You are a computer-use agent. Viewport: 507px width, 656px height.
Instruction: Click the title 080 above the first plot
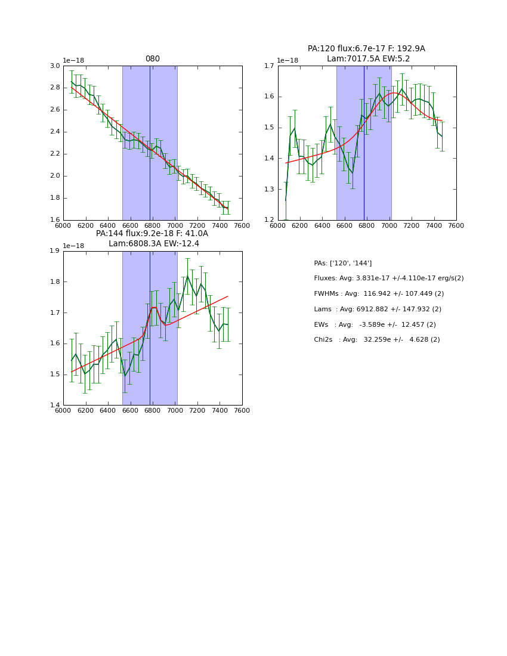coord(153,59)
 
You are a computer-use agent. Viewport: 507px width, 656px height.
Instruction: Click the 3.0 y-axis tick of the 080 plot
coord(55,66)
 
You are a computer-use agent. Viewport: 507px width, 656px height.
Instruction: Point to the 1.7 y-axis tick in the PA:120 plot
coord(269,66)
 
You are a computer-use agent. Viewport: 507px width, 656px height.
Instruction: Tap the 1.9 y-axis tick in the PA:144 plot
coord(55,251)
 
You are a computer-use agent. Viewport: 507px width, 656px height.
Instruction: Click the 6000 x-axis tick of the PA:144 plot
coord(63,411)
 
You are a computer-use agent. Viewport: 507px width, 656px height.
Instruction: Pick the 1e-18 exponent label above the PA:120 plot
coord(287,60)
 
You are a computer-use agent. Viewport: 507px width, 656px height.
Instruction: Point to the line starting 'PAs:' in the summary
coord(342,263)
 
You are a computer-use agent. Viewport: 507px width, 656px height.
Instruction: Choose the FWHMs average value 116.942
coord(376,294)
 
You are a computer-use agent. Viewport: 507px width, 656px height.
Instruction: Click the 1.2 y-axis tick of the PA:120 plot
coord(269,220)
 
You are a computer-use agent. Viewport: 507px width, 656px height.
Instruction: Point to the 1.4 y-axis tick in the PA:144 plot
coord(55,406)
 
